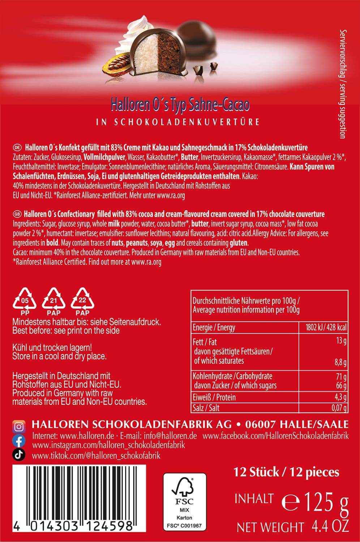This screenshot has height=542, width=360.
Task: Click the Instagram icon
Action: (19, 427)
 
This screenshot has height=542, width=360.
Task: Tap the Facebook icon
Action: (19, 441)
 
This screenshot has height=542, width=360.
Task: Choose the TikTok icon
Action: (19, 455)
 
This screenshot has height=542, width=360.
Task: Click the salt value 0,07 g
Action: (339, 408)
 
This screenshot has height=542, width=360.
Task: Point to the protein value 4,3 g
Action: (340, 397)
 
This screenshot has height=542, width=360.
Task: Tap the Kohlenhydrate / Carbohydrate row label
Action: (232, 376)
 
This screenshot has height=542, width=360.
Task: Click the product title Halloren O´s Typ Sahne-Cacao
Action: (180, 105)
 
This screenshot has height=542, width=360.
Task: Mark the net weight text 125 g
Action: (315, 502)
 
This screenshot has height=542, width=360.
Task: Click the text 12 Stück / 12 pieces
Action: (286, 472)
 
